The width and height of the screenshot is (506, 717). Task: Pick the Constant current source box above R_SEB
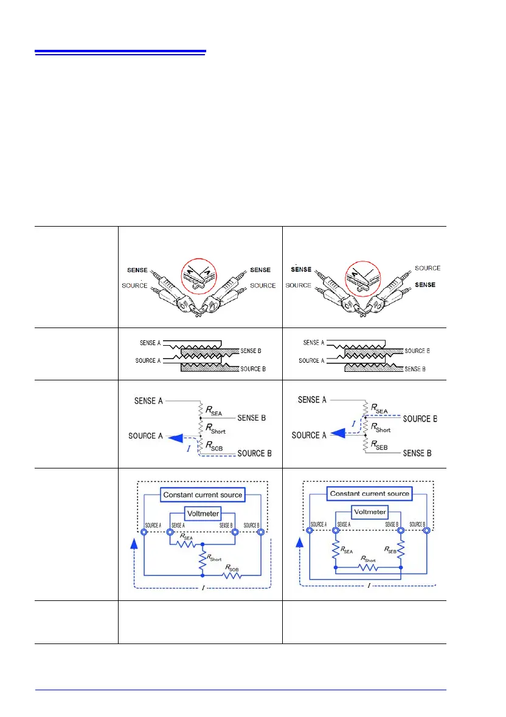[369, 493]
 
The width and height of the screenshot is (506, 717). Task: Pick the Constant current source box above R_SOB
[203, 495]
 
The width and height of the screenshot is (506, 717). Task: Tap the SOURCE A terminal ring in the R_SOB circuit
[144, 532]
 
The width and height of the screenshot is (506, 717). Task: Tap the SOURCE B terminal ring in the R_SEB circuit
[426, 531]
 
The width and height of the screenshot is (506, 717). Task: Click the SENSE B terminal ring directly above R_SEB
[401, 531]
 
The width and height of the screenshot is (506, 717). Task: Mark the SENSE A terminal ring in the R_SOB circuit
[169, 532]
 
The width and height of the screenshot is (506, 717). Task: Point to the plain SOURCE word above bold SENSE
[428, 268]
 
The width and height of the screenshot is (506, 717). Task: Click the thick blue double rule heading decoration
[120, 52]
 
